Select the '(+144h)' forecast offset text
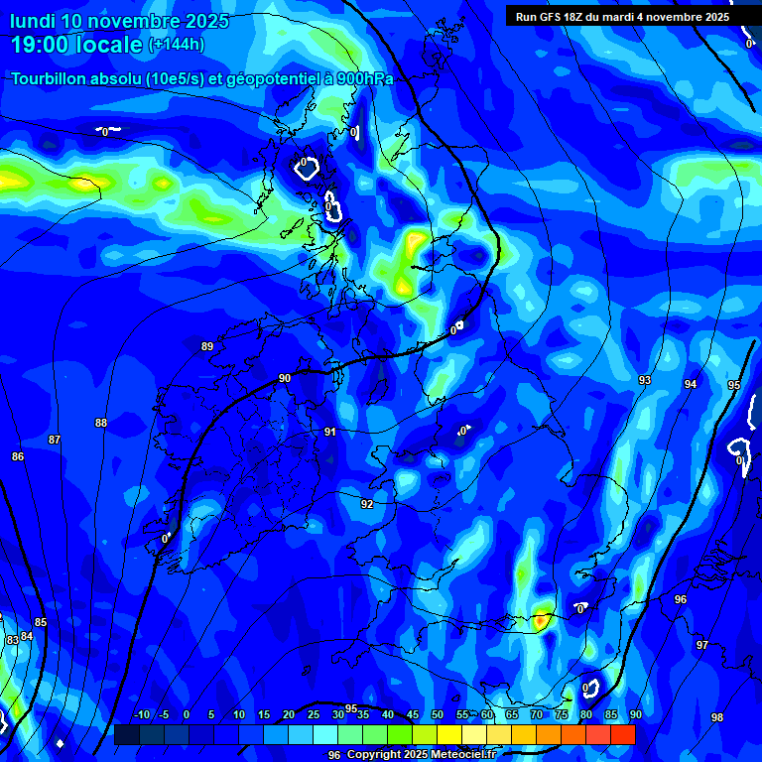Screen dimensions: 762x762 (x=176, y=44)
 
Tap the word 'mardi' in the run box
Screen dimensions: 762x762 (x=623, y=17)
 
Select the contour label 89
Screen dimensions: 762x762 (x=207, y=346)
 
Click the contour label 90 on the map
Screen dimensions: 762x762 (x=285, y=378)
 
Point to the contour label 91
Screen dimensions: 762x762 (x=330, y=432)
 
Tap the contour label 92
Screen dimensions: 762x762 (x=367, y=504)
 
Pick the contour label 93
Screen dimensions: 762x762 (x=645, y=380)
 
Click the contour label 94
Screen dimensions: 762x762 (x=691, y=384)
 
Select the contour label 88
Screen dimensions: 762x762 (x=101, y=423)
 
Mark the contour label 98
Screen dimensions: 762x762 (x=717, y=717)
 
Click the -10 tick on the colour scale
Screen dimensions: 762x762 (x=141, y=715)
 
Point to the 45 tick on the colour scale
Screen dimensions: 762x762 (x=413, y=715)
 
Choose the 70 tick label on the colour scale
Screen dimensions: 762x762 (x=537, y=715)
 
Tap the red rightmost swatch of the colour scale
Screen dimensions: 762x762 (x=622, y=734)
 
